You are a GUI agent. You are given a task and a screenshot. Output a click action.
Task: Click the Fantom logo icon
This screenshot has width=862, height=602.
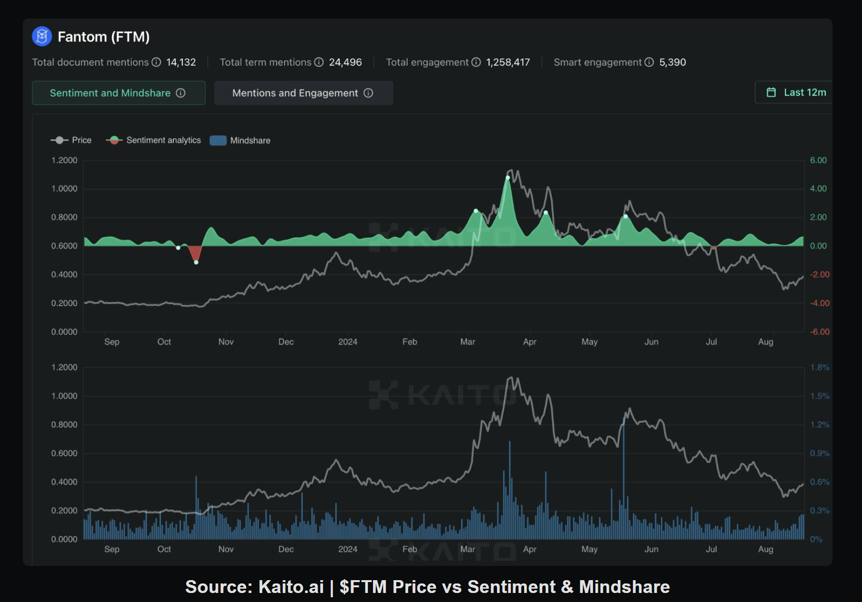pyautogui.click(x=42, y=37)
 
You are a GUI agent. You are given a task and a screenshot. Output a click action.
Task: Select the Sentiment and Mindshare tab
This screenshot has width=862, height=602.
pyautogui.click(x=118, y=93)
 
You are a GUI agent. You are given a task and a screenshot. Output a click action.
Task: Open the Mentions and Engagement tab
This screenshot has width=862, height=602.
pyautogui.click(x=303, y=93)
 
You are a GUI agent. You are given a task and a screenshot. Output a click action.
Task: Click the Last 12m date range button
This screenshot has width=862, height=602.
pyautogui.click(x=796, y=93)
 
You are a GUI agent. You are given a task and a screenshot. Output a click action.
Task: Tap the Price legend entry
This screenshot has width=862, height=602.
pyautogui.click(x=71, y=140)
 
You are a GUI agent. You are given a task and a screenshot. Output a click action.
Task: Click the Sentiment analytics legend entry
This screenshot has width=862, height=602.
pyautogui.click(x=153, y=140)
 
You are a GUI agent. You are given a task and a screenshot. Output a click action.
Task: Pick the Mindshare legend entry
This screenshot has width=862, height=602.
pyautogui.click(x=240, y=141)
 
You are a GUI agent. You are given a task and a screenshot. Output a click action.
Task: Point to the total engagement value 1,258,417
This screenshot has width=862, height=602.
pyautogui.click(x=508, y=62)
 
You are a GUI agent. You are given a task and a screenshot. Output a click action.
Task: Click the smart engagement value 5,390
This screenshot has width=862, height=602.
pyautogui.click(x=672, y=62)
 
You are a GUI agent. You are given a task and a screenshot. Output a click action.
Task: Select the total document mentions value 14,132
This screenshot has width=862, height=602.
pyautogui.click(x=181, y=62)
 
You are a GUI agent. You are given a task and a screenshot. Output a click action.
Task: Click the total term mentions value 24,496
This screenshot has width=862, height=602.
pyautogui.click(x=345, y=62)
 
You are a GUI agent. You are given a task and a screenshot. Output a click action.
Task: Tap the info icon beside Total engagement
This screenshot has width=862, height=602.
pyautogui.click(x=476, y=62)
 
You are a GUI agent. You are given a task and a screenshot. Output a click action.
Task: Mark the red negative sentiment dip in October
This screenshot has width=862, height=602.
pyautogui.click(x=195, y=253)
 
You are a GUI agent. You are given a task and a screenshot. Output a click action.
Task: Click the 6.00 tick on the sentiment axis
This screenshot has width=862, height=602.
pyautogui.click(x=818, y=160)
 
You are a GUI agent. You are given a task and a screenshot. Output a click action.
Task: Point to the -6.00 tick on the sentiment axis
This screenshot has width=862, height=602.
pyautogui.click(x=820, y=332)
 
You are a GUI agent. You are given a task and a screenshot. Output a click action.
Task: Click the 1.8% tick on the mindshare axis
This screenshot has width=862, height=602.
pyautogui.click(x=820, y=367)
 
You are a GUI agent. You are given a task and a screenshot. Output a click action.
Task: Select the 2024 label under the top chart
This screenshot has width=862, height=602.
pyautogui.click(x=348, y=342)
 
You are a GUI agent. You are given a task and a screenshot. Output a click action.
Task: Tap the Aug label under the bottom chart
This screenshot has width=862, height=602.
pyautogui.click(x=766, y=549)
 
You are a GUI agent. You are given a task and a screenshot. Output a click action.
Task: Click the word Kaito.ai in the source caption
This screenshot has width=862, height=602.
pyautogui.click(x=291, y=587)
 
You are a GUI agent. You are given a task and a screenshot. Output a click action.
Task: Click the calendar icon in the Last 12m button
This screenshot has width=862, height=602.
pyautogui.click(x=771, y=93)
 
